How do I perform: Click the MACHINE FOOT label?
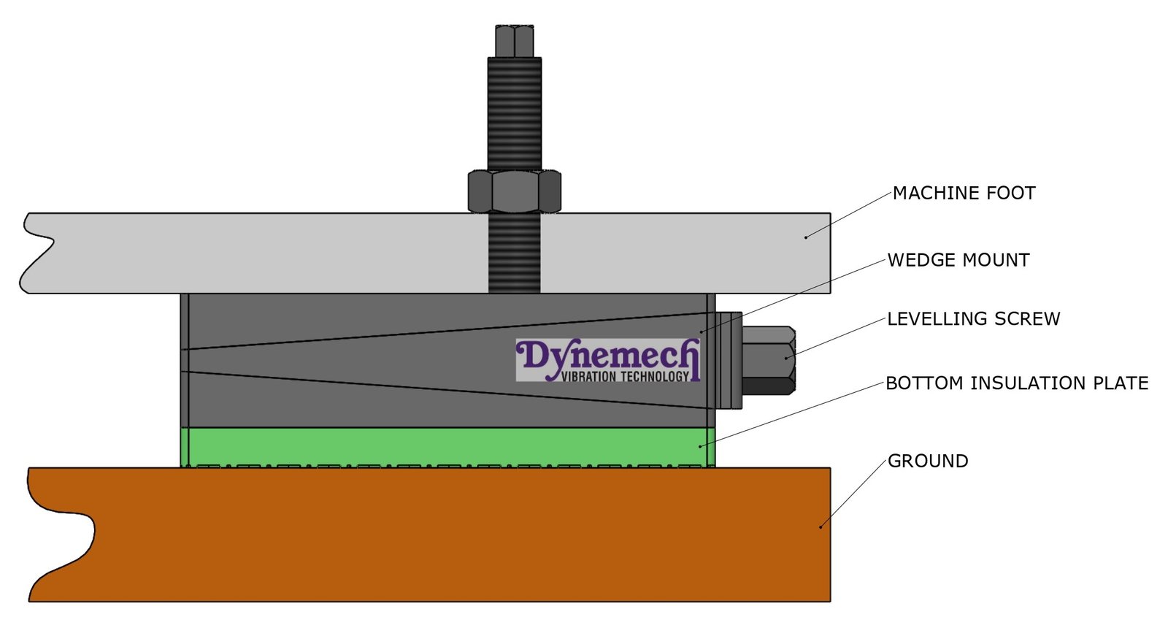point(964,194)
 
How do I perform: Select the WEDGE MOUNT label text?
point(958,261)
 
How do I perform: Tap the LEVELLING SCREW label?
point(973,319)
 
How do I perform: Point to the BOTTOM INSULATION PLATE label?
point(1017,383)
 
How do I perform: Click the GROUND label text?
point(928,462)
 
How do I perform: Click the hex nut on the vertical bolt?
point(515,191)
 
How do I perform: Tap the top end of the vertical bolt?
point(515,40)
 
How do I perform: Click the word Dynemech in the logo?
point(607,356)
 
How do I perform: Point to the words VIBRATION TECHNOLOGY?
point(626,377)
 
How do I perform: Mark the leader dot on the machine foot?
point(806,237)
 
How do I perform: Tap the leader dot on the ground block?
point(821,526)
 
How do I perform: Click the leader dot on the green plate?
point(701,445)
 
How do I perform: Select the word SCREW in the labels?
point(1030,319)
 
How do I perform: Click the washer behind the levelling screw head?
point(728,360)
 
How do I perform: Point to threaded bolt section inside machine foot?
point(515,252)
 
